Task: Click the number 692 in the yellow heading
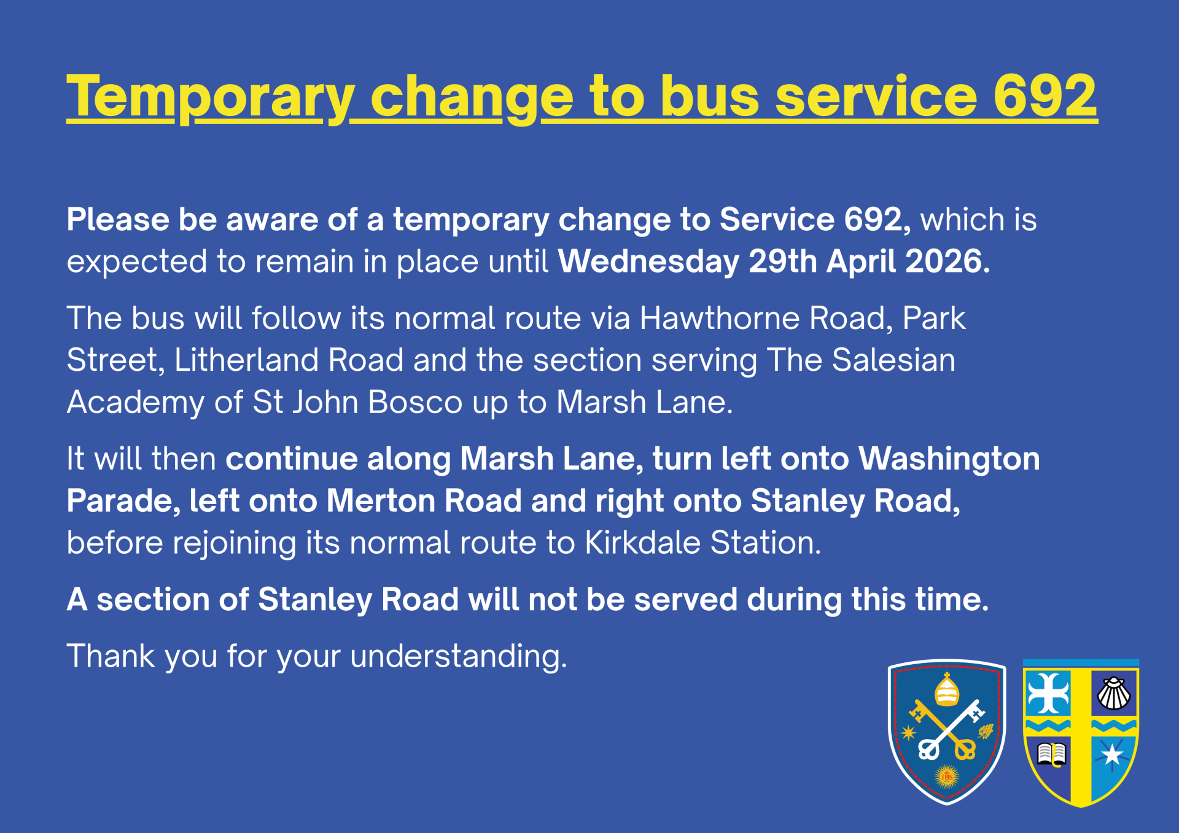tap(1045, 96)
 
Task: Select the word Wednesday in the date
tap(648, 262)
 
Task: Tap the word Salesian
tap(893, 360)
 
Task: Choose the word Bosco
tap(415, 403)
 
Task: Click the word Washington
tap(949, 460)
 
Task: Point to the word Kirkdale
tap(643, 543)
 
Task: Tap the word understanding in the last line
tap(459, 657)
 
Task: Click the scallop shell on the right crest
tap(1113, 694)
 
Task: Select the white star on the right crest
tap(1112, 754)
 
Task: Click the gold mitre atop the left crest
tap(946, 690)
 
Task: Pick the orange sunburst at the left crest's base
tap(947, 777)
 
